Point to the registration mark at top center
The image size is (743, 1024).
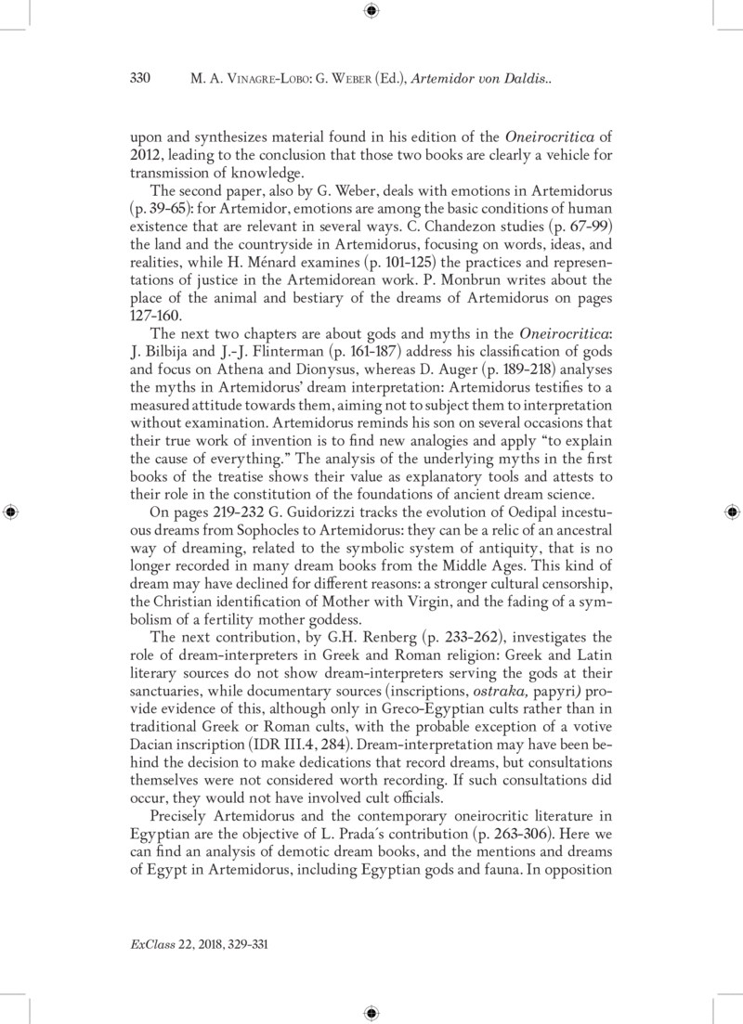click(371, 11)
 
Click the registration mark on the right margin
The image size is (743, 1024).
click(732, 512)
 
